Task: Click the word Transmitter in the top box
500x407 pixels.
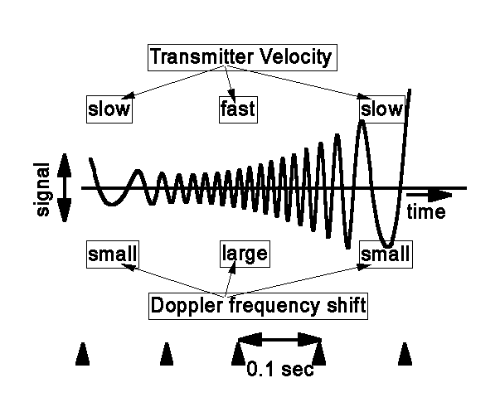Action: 201,56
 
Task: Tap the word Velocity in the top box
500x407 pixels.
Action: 296,57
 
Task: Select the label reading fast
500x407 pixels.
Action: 238,109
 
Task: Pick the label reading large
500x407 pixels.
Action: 245,254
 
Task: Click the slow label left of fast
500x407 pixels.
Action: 109,109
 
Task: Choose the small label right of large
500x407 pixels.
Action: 386,254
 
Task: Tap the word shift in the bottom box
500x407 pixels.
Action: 347,305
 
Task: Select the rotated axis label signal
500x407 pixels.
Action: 42,189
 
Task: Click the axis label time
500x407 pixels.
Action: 426,211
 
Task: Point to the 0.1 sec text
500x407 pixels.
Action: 280,370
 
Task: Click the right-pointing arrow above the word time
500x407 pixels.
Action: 430,195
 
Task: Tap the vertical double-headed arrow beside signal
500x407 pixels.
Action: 65,187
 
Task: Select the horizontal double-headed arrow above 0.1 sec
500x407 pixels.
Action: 279,340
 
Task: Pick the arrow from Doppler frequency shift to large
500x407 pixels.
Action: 231,279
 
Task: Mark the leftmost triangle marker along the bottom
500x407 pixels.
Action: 83,354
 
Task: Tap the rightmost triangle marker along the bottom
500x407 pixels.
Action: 405,354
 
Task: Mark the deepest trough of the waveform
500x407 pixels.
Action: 387,245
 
